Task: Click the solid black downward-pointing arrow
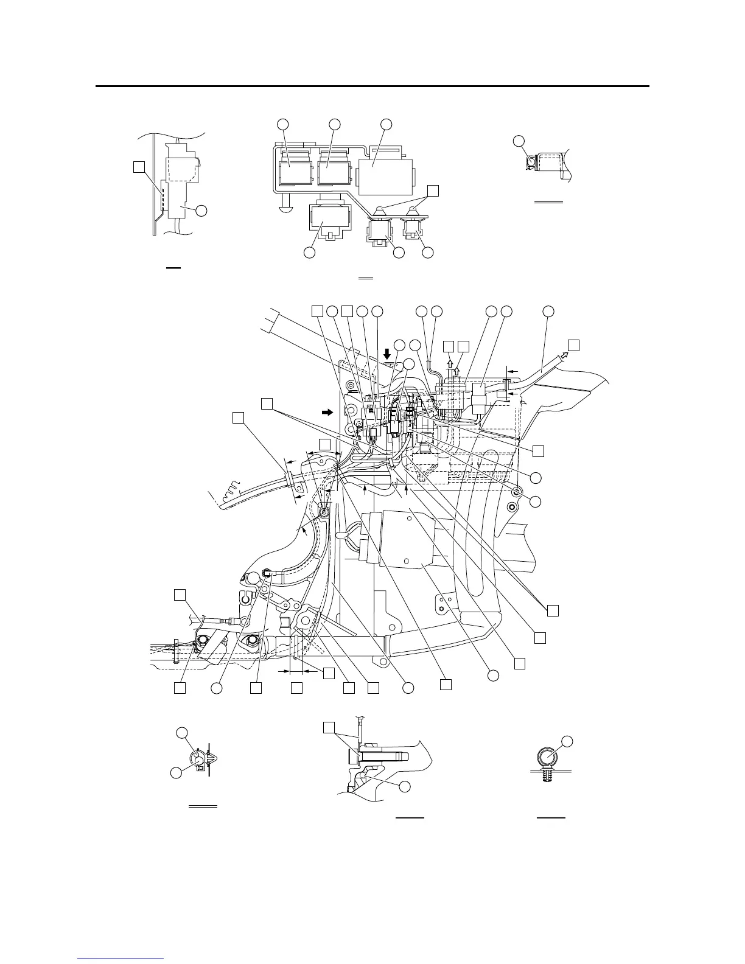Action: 387,352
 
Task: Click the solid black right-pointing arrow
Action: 329,412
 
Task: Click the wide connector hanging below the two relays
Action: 329,220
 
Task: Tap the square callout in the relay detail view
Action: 432,190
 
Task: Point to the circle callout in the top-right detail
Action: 519,141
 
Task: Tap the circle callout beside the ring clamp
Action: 567,741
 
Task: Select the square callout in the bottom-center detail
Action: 329,727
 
